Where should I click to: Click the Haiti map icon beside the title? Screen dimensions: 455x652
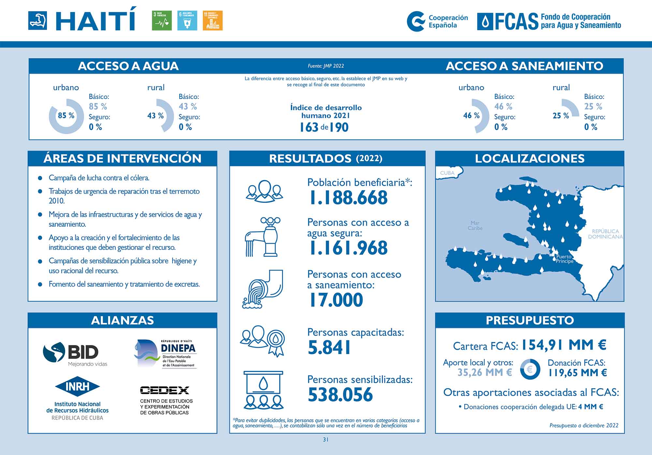[x=37, y=21]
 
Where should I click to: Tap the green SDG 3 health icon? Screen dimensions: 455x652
[x=162, y=21]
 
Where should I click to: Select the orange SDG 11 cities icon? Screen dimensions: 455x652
[x=213, y=21]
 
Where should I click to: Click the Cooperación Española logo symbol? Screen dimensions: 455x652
[x=416, y=21]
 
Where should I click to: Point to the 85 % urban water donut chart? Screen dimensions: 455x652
[x=66, y=116]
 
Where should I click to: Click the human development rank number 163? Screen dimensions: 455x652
[x=309, y=127]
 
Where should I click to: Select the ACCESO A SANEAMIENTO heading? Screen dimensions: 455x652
[x=524, y=66]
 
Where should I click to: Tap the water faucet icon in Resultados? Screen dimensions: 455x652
[x=263, y=237]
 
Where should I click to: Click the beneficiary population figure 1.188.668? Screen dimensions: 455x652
[x=348, y=198]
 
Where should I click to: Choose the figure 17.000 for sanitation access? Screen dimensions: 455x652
[x=336, y=300]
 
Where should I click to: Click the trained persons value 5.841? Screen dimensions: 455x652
[x=329, y=348]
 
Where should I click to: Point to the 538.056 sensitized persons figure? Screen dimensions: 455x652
[x=340, y=395]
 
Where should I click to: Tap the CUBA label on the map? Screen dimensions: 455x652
[x=447, y=173]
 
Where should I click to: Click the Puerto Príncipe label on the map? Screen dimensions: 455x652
[x=564, y=259]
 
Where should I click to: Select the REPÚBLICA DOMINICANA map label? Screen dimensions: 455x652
[x=605, y=234]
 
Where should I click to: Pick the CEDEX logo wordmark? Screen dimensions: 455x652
[x=164, y=390]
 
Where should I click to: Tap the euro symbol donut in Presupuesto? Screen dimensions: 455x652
[x=530, y=369]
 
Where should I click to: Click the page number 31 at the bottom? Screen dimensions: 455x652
[x=326, y=439]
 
